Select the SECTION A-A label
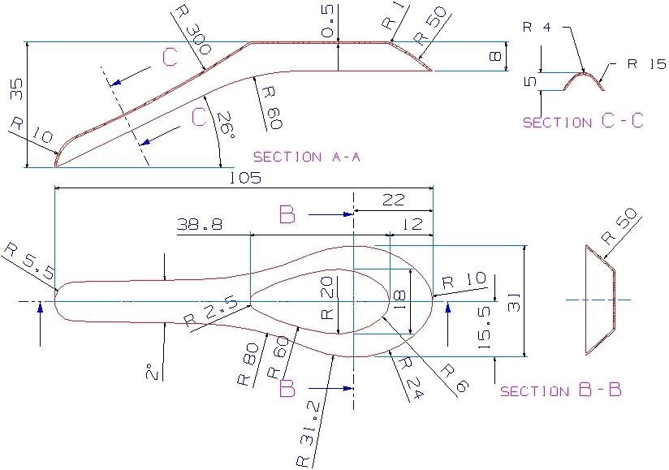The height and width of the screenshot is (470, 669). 306,157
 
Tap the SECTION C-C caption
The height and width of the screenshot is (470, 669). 583,122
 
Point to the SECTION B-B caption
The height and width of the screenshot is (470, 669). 561,390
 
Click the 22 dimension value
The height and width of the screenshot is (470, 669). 394,199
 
